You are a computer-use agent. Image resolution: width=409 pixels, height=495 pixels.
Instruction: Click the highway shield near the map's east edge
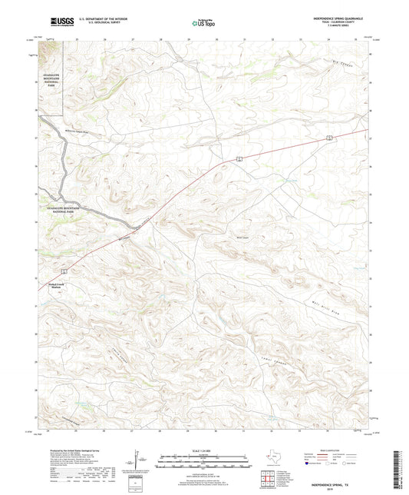328,137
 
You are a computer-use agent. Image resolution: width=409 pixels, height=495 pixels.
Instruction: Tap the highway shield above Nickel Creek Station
64,271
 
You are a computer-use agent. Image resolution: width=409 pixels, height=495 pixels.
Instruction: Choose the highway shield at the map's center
239,158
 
